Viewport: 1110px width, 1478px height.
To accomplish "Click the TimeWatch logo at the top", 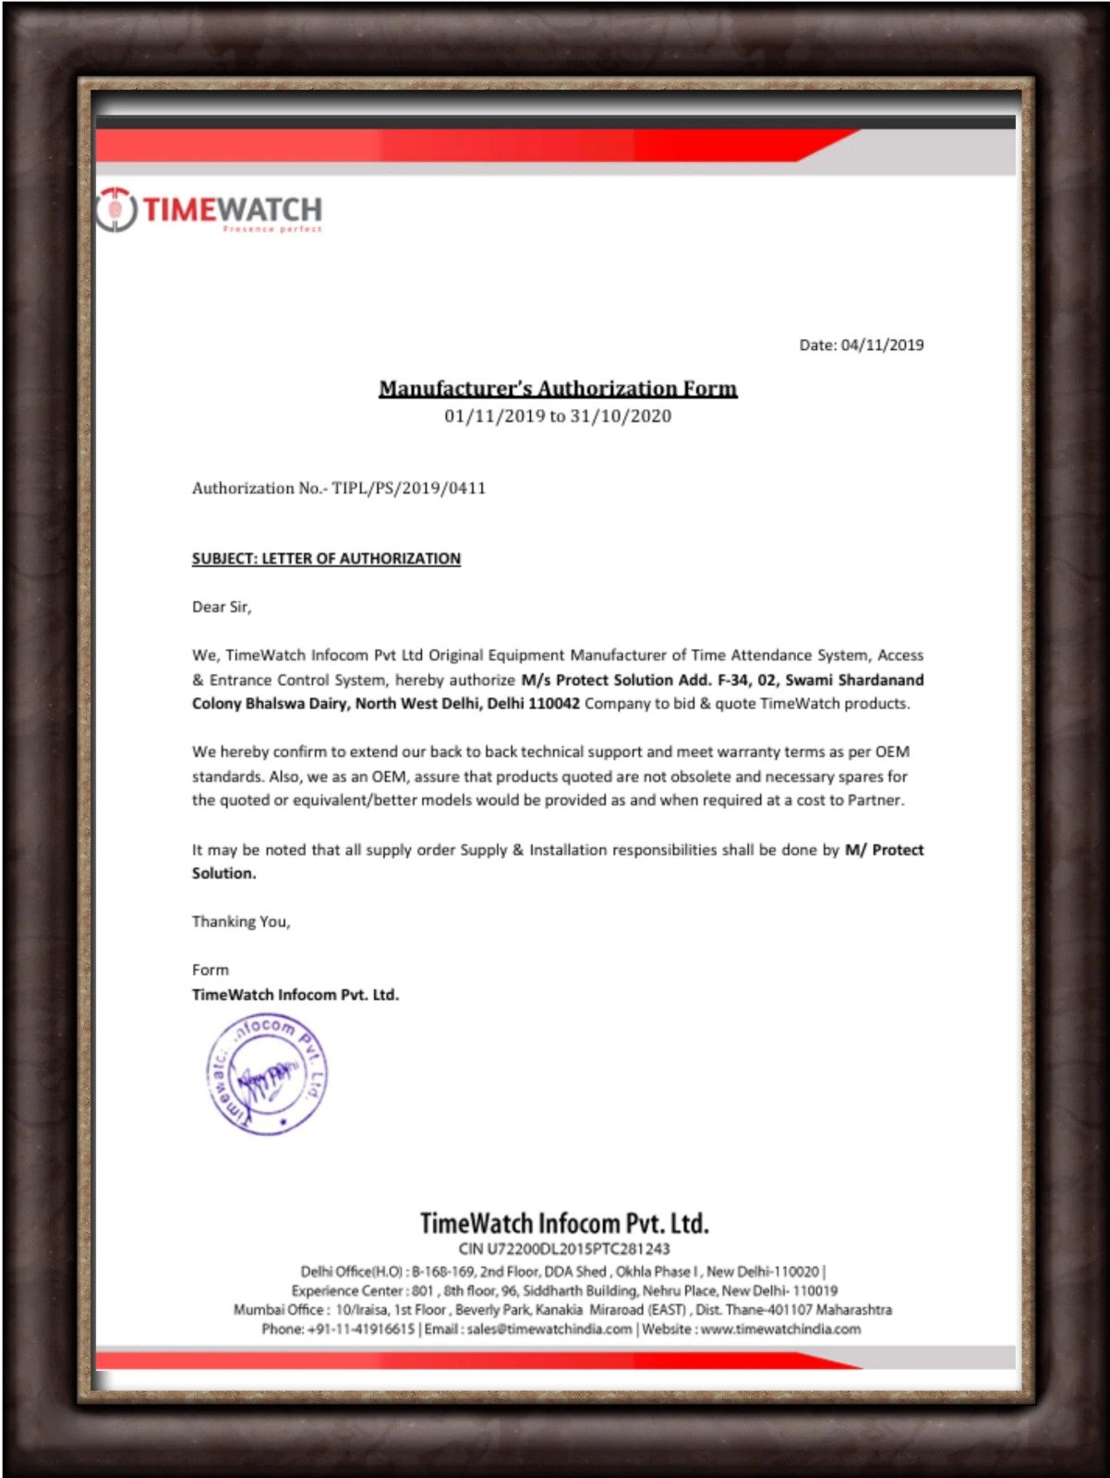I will click(210, 211).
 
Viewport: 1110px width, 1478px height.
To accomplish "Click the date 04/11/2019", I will click(882, 345).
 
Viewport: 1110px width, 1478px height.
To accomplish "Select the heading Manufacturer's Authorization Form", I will click(558, 388).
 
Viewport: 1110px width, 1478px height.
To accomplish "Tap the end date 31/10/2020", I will click(621, 417).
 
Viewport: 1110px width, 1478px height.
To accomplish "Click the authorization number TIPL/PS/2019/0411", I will click(408, 489).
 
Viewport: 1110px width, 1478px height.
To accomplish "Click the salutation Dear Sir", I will click(221, 607).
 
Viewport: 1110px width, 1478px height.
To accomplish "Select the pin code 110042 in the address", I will click(554, 704).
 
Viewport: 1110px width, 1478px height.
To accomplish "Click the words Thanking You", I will click(241, 922).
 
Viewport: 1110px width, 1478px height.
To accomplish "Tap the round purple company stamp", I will click(267, 1074).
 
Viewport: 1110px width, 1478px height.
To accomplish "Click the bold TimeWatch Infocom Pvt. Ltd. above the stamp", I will click(296, 995).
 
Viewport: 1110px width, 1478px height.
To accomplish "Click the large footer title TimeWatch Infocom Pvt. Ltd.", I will click(564, 1224).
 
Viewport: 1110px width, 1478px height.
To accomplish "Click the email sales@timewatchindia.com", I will click(549, 1329).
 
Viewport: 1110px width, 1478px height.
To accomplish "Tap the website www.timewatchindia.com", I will click(780, 1329).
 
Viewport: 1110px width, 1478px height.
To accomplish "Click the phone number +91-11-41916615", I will click(361, 1329).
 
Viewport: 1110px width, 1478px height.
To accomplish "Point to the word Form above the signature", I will click(211, 970).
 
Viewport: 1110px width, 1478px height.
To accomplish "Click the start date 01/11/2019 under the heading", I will click(495, 417).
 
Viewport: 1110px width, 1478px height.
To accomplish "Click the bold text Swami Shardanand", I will click(854, 680).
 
